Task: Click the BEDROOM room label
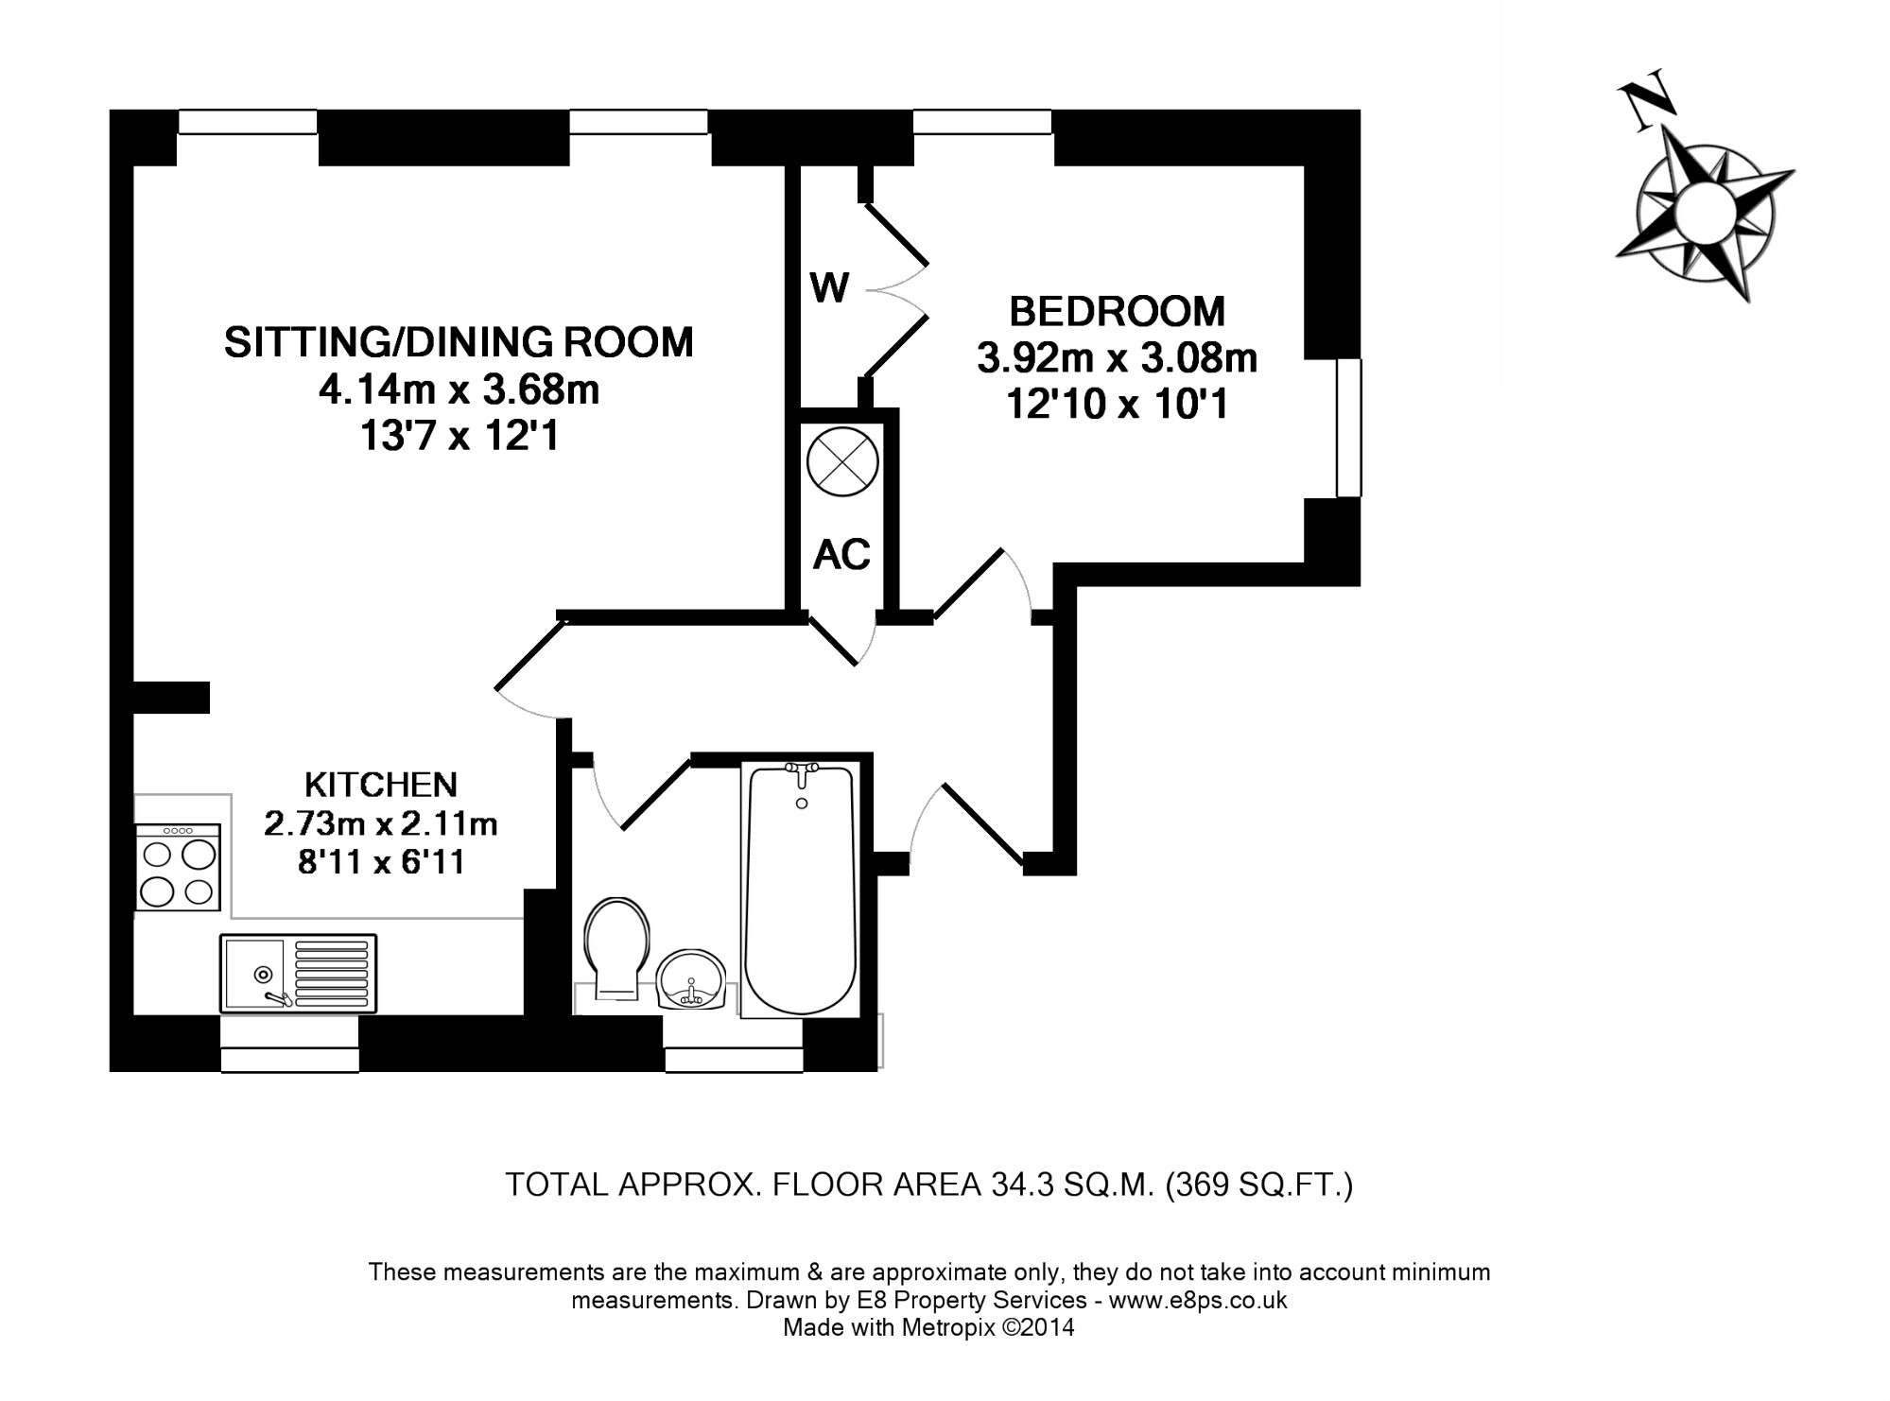pos(1117,311)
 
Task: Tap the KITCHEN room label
pos(381,785)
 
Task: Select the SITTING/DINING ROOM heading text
pos(459,342)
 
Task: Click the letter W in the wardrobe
pos(829,288)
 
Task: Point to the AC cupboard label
pos(841,555)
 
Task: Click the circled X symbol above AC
pos(842,462)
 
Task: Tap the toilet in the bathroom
pos(617,945)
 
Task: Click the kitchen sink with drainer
pos(298,973)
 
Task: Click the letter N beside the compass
pos(1646,104)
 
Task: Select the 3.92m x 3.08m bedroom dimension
pos(1117,359)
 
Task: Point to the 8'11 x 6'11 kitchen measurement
pos(381,862)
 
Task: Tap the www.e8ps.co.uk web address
pos(1198,1300)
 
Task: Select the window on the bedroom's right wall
pos(1348,427)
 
